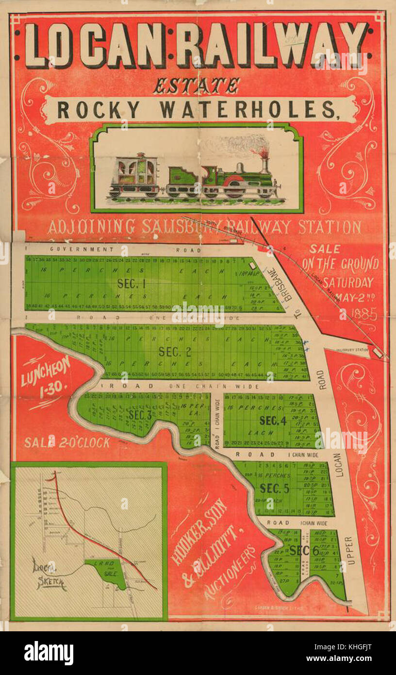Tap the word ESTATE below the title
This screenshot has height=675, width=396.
tap(197, 86)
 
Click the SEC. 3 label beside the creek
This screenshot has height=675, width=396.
tap(141, 415)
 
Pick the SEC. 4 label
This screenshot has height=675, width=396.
tap(273, 421)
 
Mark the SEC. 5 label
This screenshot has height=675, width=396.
tap(275, 488)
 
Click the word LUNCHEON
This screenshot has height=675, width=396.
tap(46, 371)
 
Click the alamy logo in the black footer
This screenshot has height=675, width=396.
tap(49, 653)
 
